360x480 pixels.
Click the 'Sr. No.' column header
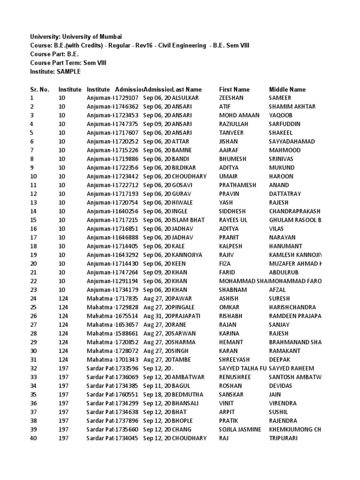tap(39, 89)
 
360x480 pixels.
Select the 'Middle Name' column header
tap(287, 89)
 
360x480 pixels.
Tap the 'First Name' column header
tap(234, 89)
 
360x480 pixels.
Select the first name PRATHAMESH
tap(238, 185)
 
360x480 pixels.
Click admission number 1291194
tap(127, 281)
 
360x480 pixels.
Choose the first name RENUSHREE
tap(235, 377)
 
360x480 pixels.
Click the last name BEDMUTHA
tap(189, 394)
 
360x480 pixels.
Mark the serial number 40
tap(33, 438)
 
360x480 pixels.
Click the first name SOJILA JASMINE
tap(240, 429)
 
